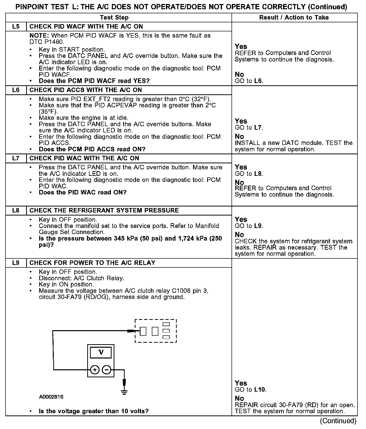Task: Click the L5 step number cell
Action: pyautogui.click(x=16, y=27)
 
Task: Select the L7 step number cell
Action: pyautogui.click(x=16, y=158)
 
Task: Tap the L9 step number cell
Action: pyautogui.click(x=16, y=263)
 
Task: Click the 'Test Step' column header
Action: pyautogui.click(x=114, y=18)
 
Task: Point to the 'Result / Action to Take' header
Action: pyautogui.click(x=294, y=18)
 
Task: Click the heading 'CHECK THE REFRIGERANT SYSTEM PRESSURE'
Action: pyautogui.click(x=104, y=210)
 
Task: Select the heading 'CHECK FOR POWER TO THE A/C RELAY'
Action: pyautogui.click(x=92, y=263)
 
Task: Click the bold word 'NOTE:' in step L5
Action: pyautogui.click(x=39, y=36)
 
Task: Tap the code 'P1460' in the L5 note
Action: pyautogui.click(x=54, y=42)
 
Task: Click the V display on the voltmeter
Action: pyautogui.click(x=101, y=352)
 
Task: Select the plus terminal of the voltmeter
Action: pyautogui.click(x=95, y=370)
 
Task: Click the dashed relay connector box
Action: pyautogui.click(x=156, y=331)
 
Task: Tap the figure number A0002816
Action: pyautogui.click(x=51, y=397)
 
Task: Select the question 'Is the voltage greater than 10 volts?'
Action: pyautogui.click(x=94, y=411)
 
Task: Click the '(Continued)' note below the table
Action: pyautogui.click(x=338, y=421)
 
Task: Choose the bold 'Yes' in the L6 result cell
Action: pyautogui.click(x=241, y=121)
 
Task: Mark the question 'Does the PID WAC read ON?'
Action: pyautogui.click(x=83, y=192)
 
